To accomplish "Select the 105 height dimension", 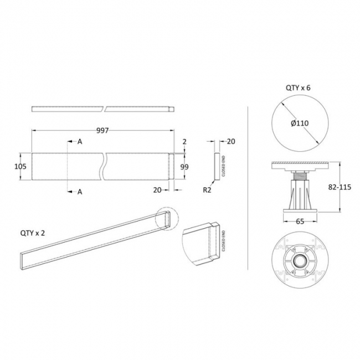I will point(21,165).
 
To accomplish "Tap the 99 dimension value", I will point(186,166).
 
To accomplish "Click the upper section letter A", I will point(80,142).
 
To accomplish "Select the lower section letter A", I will point(80,192).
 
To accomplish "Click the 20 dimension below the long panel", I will point(157,189).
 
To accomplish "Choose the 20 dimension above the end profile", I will point(231,142).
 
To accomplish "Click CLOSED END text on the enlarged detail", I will point(223,241).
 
